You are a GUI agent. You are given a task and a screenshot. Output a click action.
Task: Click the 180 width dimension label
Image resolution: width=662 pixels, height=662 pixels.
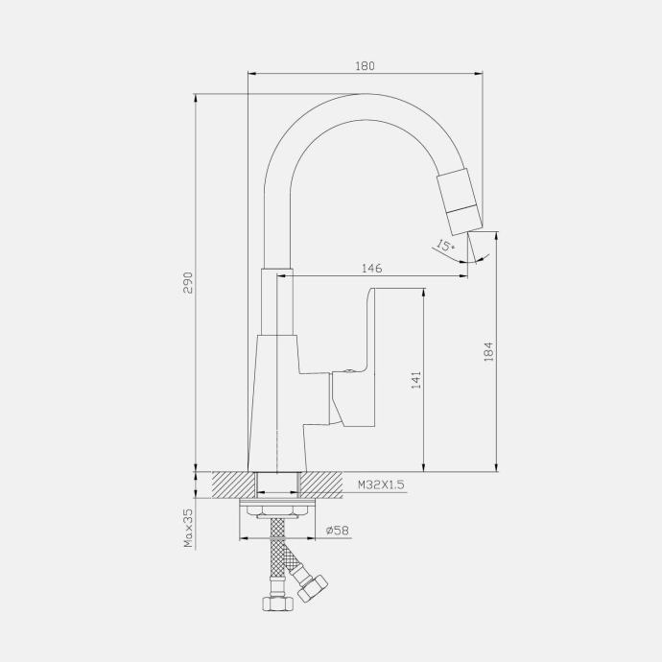[x=365, y=66]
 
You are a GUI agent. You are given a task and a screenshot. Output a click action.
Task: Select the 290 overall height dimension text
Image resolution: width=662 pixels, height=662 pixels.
[x=188, y=282]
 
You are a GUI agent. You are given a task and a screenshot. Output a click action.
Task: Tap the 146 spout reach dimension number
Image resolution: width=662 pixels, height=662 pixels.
[x=372, y=268]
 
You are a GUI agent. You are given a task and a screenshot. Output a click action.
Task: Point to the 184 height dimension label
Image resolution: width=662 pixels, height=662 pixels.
[x=488, y=351]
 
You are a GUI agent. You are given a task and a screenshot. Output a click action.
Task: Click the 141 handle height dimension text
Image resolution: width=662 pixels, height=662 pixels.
[x=416, y=380]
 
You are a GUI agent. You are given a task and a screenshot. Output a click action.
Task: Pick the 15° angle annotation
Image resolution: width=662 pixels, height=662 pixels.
[x=445, y=246]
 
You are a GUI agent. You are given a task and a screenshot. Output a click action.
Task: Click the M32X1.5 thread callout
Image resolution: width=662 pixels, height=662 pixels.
[x=381, y=485]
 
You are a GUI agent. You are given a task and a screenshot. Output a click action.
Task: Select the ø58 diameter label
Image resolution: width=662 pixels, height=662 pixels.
[x=338, y=530]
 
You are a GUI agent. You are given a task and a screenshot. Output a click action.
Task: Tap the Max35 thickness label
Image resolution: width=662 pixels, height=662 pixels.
[x=188, y=528]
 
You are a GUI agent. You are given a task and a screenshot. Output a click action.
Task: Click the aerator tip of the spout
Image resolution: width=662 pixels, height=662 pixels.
[x=459, y=201]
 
